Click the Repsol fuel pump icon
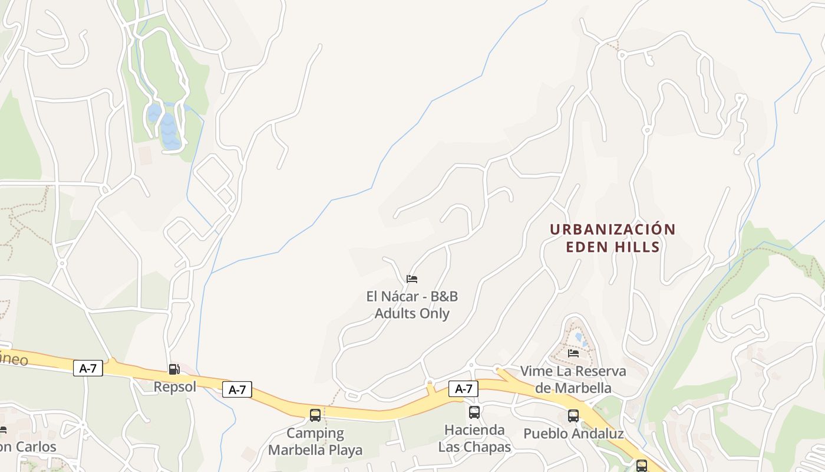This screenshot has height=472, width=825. point(174,369)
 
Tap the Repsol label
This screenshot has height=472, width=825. point(174,387)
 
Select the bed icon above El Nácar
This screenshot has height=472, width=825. point(412,278)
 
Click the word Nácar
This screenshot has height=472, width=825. point(400,296)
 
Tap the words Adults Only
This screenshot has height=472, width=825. point(412,313)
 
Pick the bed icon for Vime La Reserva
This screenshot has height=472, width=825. point(573,353)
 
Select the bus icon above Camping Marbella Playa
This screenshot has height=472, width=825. point(315,415)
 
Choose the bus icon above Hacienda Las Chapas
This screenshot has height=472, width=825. point(474,412)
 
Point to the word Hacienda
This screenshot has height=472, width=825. point(474,430)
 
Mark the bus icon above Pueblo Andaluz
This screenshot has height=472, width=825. point(573,415)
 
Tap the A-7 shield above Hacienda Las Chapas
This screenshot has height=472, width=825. point(464,389)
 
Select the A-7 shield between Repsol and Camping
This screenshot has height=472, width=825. point(237,389)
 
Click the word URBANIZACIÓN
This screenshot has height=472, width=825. point(613,229)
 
